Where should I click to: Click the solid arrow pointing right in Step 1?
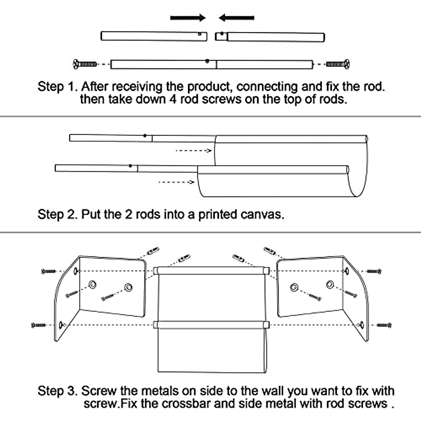click(188, 18)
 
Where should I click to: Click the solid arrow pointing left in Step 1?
click(236, 18)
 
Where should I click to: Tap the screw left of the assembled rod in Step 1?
click(85, 64)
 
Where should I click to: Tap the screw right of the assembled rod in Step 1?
click(338, 64)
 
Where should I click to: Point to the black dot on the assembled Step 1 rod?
click(207, 61)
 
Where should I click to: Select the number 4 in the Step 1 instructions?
click(172, 99)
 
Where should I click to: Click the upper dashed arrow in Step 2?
click(193, 151)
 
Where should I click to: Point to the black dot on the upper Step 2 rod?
click(145, 135)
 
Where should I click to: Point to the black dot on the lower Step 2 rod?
click(130, 166)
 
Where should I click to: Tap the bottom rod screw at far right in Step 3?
click(384, 325)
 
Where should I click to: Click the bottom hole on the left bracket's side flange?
click(61, 325)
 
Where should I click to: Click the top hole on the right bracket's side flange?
click(347, 270)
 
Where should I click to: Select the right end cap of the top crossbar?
click(266, 270)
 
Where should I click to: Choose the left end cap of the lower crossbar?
click(156, 325)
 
